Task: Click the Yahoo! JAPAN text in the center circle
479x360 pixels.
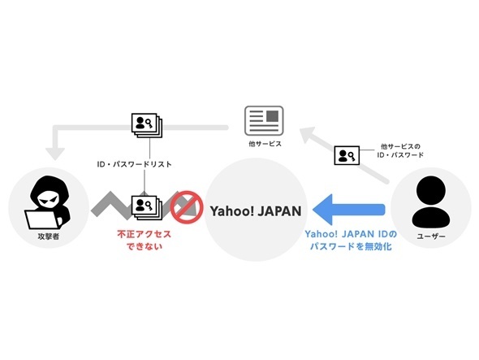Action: click(x=256, y=211)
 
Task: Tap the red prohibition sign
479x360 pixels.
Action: click(x=187, y=207)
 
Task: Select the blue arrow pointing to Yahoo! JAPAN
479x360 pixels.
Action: click(x=348, y=209)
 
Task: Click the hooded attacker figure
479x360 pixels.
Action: click(x=48, y=202)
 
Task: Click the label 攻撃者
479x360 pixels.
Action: click(x=49, y=236)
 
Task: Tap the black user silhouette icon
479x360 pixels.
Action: click(x=431, y=202)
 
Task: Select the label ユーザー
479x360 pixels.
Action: click(x=431, y=236)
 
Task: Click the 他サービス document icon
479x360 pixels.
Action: click(x=264, y=120)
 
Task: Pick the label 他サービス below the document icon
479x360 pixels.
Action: click(x=265, y=144)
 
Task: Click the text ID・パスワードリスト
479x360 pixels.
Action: click(x=135, y=164)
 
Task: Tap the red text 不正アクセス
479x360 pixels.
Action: click(x=145, y=235)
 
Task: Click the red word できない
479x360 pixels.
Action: click(x=145, y=246)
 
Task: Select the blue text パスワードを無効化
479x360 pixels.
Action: click(x=351, y=246)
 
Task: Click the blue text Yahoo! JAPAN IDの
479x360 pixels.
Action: click(x=351, y=234)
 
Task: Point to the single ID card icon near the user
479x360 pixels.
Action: click(x=347, y=155)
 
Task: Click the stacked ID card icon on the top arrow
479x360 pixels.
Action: click(x=147, y=125)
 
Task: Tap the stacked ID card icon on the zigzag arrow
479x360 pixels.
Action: click(x=147, y=207)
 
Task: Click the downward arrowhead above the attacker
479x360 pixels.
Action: click(x=55, y=154)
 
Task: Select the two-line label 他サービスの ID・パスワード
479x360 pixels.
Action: click(x=400, y=151)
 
